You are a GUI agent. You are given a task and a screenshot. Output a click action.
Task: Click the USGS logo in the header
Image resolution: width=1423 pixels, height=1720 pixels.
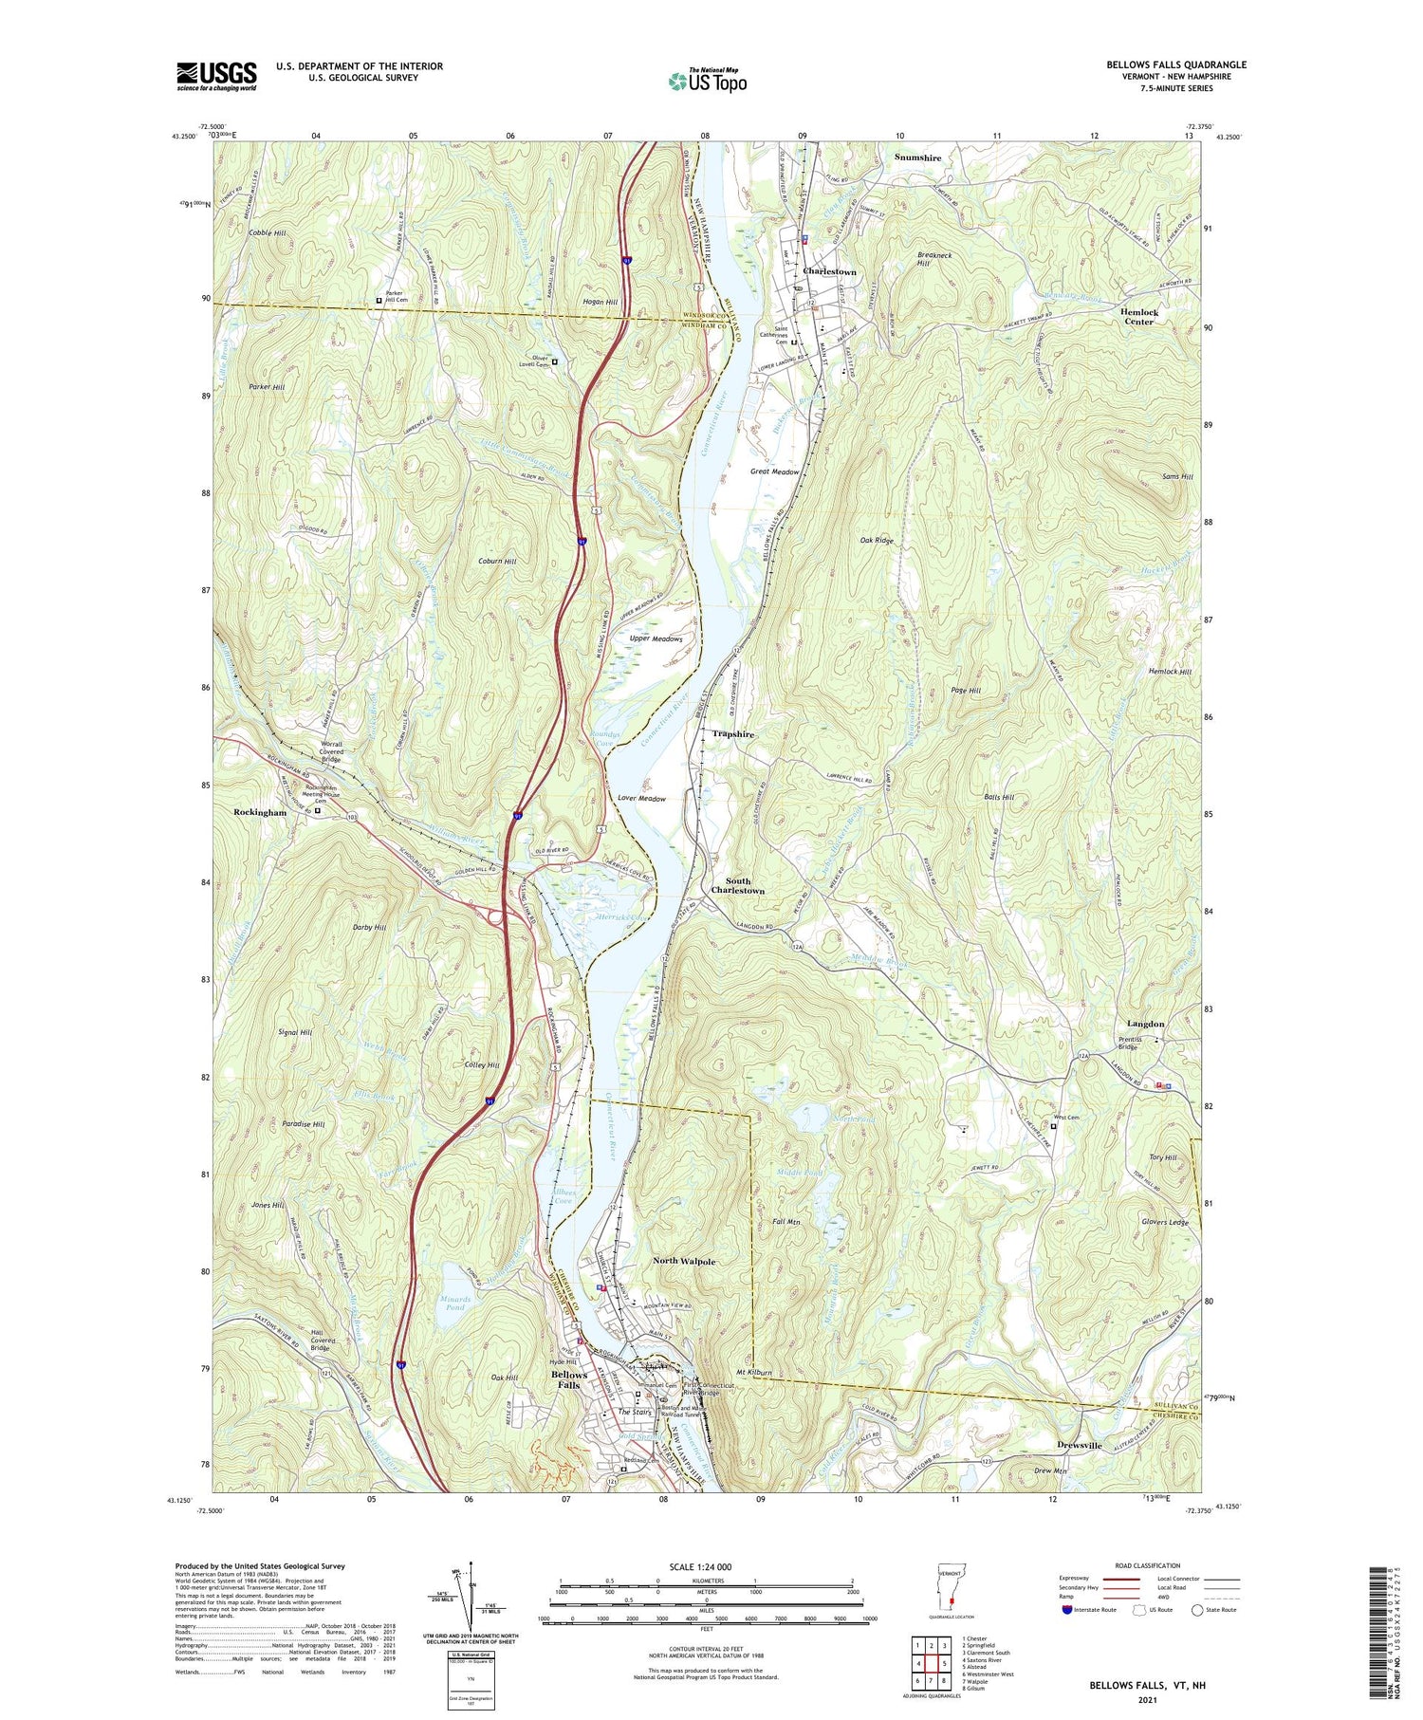click(x=216, y=76)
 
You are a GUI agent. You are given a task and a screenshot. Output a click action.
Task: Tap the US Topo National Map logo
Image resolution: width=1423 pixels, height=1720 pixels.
click(x=707, y=81)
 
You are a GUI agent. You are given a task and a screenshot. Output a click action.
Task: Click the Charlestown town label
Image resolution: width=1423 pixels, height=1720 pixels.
click(x=829, y=272)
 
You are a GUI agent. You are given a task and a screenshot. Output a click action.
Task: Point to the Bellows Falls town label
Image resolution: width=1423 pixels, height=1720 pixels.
click(x=569, y=1379)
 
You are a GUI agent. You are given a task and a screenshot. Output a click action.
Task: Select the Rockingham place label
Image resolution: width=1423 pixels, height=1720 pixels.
click(x=260, y=813)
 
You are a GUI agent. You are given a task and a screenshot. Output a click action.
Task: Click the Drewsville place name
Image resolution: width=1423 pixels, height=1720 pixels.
click(x=1080, y=1445)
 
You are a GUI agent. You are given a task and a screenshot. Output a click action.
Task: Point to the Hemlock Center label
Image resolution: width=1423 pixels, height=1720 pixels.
click(x=1139, y=317)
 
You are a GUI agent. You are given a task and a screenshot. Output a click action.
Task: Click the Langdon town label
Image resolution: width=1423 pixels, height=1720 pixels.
click(x=1145, y=1025)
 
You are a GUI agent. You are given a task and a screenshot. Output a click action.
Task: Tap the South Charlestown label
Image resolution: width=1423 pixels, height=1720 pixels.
click(x=738, y=886)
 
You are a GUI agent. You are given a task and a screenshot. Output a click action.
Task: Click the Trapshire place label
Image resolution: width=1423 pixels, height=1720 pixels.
click(x=733, y=734)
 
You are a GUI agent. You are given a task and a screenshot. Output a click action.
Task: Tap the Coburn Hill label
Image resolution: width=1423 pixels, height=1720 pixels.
click(x=497, y=562)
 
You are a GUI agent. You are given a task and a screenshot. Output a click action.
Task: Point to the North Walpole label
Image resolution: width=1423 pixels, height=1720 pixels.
click(x=684, y=1261)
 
